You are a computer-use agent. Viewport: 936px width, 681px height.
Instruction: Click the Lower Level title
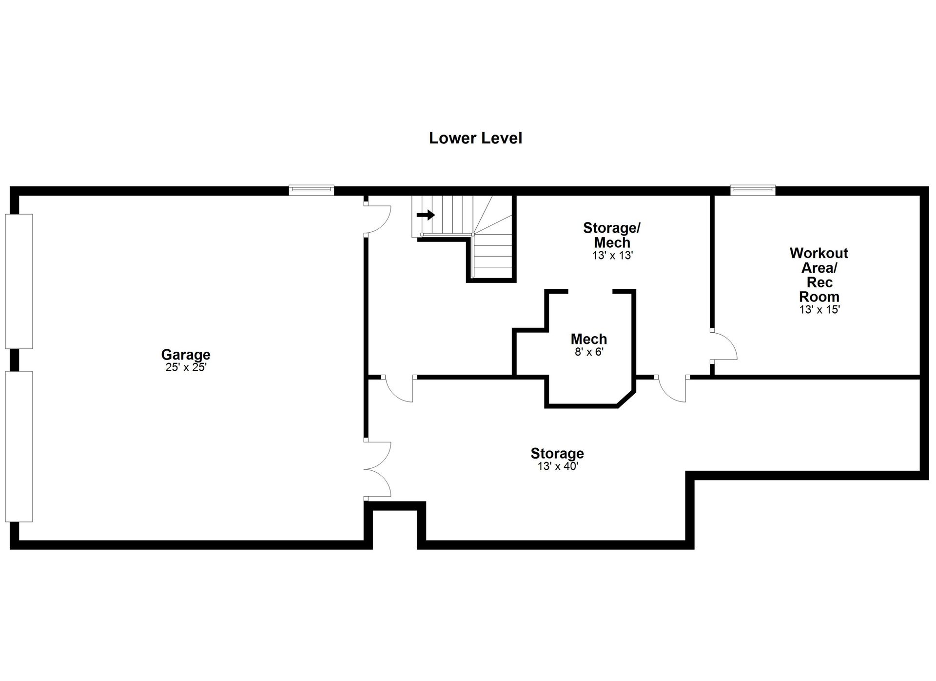475,138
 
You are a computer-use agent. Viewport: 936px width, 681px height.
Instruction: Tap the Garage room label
186,355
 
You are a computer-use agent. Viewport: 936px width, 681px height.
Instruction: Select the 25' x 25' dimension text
186,367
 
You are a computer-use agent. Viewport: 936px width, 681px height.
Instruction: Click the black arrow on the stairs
426,215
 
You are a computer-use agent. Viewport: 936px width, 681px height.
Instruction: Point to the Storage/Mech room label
612,235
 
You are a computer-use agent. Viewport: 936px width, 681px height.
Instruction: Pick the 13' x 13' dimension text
612,255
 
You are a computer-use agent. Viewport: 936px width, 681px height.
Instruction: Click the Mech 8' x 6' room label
589,344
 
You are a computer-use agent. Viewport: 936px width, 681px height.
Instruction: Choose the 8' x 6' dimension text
589,352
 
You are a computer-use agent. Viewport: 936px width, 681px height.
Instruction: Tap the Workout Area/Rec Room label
819,275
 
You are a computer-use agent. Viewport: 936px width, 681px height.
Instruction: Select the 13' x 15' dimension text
819,309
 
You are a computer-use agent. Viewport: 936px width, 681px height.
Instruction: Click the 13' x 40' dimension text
558,466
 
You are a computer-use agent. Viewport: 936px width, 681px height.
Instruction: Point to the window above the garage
312,190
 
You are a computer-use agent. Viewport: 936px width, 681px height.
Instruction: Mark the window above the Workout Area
753,190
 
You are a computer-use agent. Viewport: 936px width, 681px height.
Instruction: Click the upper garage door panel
19,281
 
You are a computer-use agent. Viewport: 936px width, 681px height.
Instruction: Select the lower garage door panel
19,446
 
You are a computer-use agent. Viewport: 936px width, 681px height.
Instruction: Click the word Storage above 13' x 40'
557,454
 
